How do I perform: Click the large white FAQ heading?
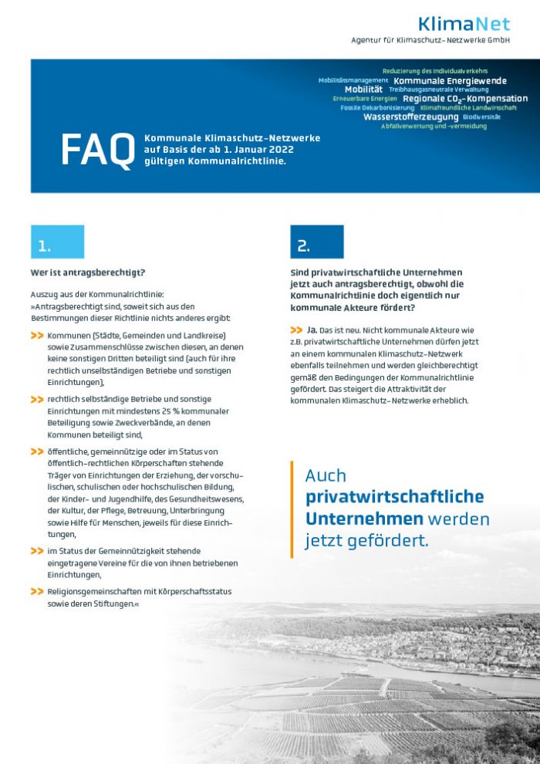pos(97,150)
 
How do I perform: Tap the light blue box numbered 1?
pos(57,242)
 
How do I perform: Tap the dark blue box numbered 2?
pos(316,242)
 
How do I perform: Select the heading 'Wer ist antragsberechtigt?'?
pos(88,272)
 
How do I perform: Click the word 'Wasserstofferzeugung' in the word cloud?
pos(410,117)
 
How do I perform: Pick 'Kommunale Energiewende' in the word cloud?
pos(450,80)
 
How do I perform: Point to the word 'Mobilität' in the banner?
pos(363,90)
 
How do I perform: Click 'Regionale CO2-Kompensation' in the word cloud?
pos(464,99)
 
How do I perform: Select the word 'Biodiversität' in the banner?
pos(481,117)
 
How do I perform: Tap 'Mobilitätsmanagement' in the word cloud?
pos(353,80)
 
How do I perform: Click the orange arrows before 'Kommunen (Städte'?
pos(37,336)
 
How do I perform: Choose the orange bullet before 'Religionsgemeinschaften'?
pos(37,591)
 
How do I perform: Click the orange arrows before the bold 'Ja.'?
pos(297,330)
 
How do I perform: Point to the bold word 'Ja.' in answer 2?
pos(312,330)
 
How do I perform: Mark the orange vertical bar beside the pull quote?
pos(292,509)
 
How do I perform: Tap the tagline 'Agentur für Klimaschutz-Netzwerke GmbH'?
pos(441,39)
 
